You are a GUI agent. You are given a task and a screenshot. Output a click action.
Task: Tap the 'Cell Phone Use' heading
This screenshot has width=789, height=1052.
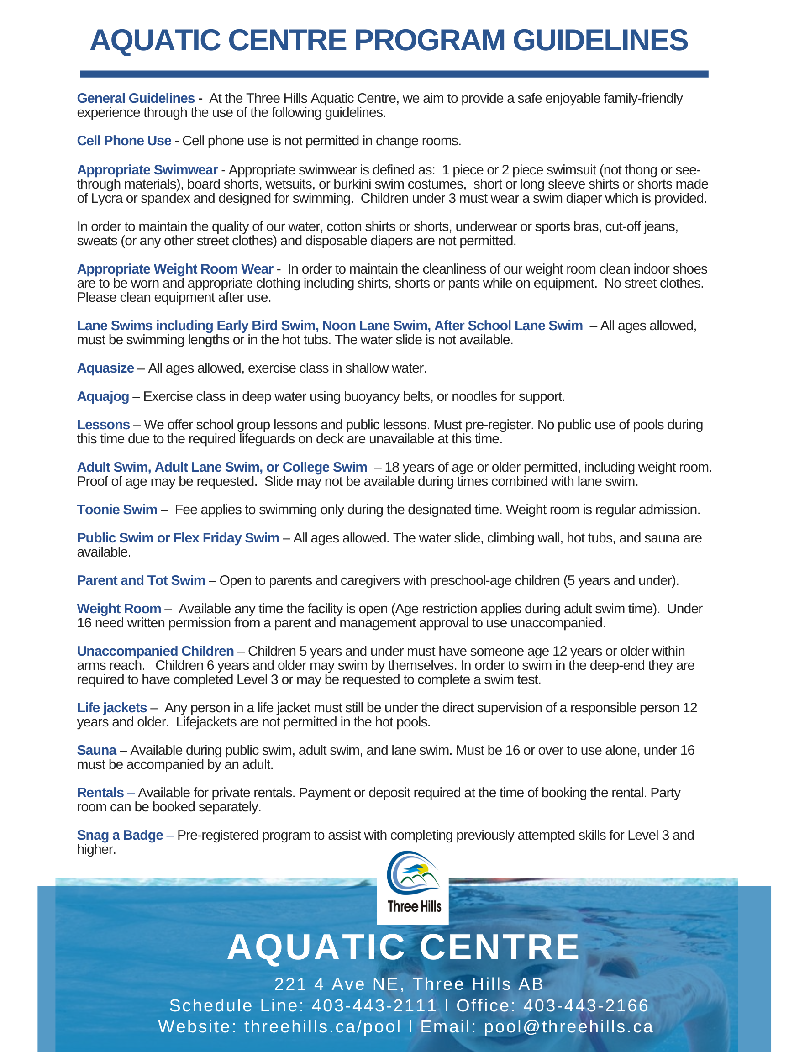(x=124, y=141)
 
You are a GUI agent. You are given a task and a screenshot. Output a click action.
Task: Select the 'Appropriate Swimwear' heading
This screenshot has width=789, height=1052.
(x=147, y=170)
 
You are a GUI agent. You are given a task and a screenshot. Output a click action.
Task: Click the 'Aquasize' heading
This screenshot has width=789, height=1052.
(x=105, y=368)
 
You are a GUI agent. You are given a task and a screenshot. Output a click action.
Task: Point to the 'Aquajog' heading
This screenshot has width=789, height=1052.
(x=103, y=396)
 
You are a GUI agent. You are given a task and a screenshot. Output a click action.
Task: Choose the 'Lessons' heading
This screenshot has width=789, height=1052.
(x=103, y=425)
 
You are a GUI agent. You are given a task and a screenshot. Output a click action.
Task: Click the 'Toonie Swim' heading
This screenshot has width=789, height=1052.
(x=117, y=510)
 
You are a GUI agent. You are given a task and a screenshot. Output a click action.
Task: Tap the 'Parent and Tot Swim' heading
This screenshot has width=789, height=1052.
(x=141, y=580)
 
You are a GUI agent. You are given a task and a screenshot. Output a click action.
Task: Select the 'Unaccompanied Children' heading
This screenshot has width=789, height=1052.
(x=155, y=651)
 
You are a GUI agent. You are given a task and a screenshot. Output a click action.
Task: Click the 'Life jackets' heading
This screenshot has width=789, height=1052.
(x=112, y=708)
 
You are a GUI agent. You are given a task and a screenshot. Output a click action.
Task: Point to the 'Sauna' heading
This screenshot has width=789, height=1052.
(x=96, y=750)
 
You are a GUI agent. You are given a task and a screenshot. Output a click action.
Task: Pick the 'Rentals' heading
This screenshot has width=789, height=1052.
(x=100, y=793)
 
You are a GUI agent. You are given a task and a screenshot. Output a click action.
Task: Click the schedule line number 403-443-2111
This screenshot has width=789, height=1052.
(x=374, y=1005)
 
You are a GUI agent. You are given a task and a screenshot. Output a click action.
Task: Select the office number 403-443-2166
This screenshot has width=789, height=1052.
(x=586, y=1005)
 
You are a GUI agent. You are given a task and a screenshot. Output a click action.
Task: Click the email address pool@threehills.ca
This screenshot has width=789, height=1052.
(x=568, y=1026)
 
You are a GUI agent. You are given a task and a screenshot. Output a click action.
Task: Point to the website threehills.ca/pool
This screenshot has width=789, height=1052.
(x=323, y=1026)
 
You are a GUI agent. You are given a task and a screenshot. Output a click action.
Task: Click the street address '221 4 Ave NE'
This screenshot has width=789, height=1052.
(x=337, y=984)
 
